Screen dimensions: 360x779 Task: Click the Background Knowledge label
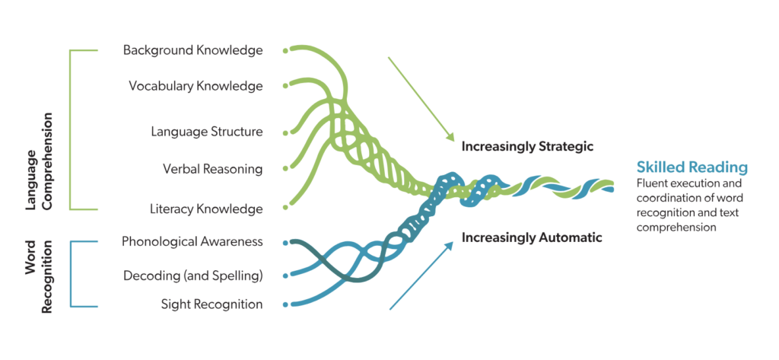192,50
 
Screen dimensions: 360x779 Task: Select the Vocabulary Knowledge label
196,85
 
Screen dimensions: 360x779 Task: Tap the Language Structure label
206,132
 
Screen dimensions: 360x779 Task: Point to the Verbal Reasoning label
212,168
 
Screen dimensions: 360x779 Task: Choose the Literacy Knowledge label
207,209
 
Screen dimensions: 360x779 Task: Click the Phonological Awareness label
192,242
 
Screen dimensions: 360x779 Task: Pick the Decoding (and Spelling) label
192,275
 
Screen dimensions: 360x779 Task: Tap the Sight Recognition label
211,304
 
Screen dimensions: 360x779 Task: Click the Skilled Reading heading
692,167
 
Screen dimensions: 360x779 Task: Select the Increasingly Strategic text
527,146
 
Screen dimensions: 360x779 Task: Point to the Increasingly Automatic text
532,238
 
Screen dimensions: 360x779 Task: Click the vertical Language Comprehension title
39,161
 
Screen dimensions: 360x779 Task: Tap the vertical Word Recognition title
39,276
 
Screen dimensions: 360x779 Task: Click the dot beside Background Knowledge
285,51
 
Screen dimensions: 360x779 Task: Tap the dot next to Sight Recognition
285,305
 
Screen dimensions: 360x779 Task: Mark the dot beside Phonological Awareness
285,243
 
